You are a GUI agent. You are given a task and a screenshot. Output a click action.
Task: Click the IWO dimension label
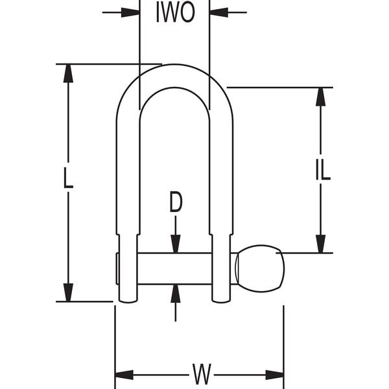click(x=175, y=13)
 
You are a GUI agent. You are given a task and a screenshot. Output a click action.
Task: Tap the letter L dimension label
click(x=68, y=179)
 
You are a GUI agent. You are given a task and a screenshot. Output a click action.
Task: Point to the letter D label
click(x=176, y=203)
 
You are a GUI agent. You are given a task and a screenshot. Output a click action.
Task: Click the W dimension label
click(x=202, y=374)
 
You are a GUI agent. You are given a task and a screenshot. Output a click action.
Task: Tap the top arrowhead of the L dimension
click(x=68, y=73)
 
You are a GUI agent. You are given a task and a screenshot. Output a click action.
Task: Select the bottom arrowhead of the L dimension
click(x=68, y=292)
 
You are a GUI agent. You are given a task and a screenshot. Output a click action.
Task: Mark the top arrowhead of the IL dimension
click(x=320, y=96)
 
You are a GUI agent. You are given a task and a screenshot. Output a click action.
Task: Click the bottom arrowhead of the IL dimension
click(x=320, y=244)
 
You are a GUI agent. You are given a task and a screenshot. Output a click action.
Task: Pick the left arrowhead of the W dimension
click(x=123, y=375)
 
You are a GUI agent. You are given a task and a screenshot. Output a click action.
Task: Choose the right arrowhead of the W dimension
click(x=275, y=375)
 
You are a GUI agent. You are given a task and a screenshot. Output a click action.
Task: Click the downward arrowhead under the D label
click(x=176, y=244)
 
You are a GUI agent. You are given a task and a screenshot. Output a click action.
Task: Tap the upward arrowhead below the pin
click(x=176, y=293)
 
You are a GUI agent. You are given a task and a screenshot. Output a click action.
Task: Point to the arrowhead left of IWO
click(x=132, y=12)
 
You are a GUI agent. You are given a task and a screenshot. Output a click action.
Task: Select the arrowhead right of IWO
click(x=218, y=12)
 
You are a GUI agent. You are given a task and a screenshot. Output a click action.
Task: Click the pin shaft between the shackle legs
click(x=175, y=268)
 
